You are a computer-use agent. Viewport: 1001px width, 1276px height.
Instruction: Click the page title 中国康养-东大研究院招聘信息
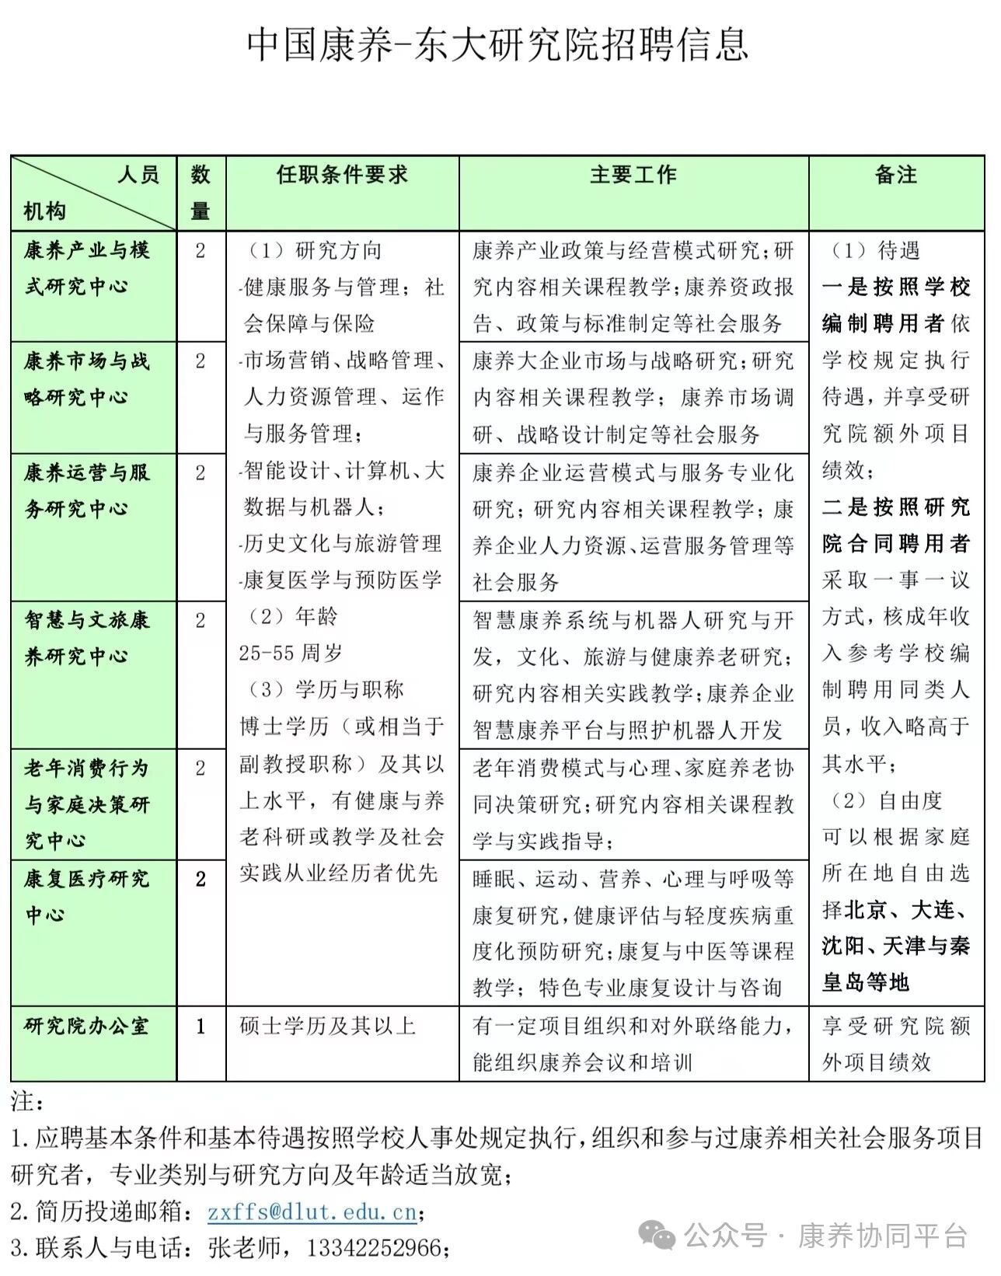498,44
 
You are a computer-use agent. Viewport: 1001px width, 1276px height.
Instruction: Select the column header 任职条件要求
342,175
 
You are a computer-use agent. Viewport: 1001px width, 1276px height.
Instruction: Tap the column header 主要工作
633,175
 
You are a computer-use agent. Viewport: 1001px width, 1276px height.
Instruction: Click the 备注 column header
896,175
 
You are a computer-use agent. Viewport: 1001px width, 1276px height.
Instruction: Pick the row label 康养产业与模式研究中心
87,268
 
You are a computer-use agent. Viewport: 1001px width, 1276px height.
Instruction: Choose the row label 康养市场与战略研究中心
87,379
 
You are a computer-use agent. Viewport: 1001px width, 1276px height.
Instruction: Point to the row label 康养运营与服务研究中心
87,490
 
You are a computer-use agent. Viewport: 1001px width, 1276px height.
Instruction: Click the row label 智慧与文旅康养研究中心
87,638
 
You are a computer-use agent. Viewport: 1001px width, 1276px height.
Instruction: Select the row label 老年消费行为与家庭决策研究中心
87,804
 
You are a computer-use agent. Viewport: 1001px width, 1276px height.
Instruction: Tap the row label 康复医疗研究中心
87,896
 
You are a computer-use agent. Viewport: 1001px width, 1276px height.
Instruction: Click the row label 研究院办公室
87,1026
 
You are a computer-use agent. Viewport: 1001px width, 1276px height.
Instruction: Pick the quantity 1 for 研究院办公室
201,1027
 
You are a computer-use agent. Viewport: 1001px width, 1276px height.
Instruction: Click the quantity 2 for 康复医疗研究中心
201,879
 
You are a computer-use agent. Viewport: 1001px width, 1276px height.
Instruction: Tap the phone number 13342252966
375,1248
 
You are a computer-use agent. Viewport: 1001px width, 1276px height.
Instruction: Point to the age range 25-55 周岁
291,654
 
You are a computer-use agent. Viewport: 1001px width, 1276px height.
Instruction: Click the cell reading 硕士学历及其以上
328,1026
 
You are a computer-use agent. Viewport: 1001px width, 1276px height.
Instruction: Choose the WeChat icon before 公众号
657,1235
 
